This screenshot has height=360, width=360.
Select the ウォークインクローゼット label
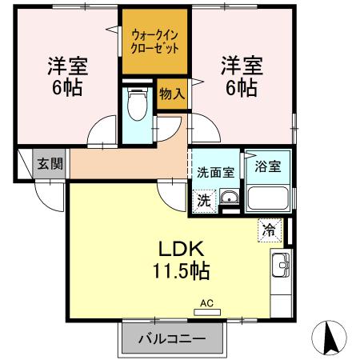click(154, 41)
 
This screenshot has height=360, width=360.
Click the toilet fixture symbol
click(138, 104)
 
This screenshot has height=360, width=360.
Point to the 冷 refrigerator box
click(269, 230)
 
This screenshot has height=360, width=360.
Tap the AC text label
click(206, 303)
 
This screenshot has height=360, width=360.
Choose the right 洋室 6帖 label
click(239, 76)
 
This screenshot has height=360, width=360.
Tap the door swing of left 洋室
click(102, 132)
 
